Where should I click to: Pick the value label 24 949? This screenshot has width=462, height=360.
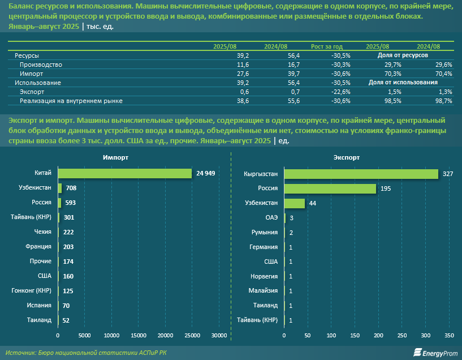(x=206, y=173)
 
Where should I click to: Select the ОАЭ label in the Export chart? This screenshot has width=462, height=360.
(x=271, y=217)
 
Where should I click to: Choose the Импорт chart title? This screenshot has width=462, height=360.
(x=115, y=158)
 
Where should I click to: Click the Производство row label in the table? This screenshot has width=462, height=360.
(x=41, y=65)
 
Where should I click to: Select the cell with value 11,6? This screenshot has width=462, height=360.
(x=243, y=65)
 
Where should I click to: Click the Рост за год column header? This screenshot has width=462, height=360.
(x=327, y=46)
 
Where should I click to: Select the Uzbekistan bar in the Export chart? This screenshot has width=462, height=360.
(x=294, y=203)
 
